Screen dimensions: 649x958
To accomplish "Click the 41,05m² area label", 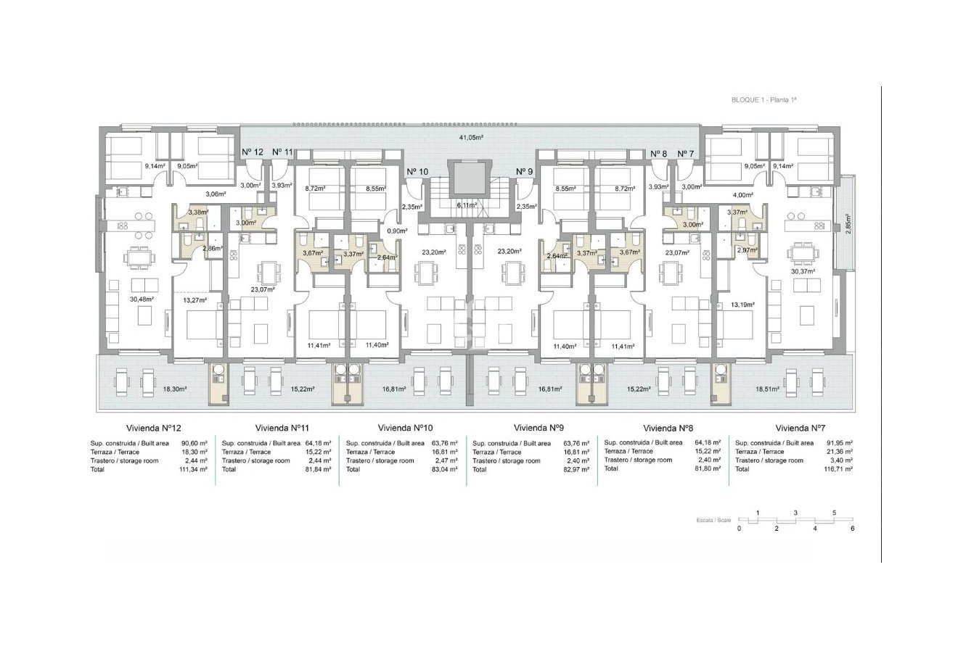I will point(471,137).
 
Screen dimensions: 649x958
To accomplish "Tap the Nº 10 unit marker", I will point(417,172).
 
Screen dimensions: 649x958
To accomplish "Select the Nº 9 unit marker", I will point(525,172).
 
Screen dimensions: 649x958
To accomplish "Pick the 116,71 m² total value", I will point(838,470).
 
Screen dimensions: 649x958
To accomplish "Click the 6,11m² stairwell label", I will point(467,205).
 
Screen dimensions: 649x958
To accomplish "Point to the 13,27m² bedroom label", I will point(195,299).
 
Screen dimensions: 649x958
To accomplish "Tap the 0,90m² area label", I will point(396,231).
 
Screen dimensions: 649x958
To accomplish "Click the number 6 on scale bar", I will point(853,529).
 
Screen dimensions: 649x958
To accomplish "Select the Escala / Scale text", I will point(713,521).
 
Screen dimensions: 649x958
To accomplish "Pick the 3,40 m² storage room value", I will point(840,460).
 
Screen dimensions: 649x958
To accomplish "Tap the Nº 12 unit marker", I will point(253,152).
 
